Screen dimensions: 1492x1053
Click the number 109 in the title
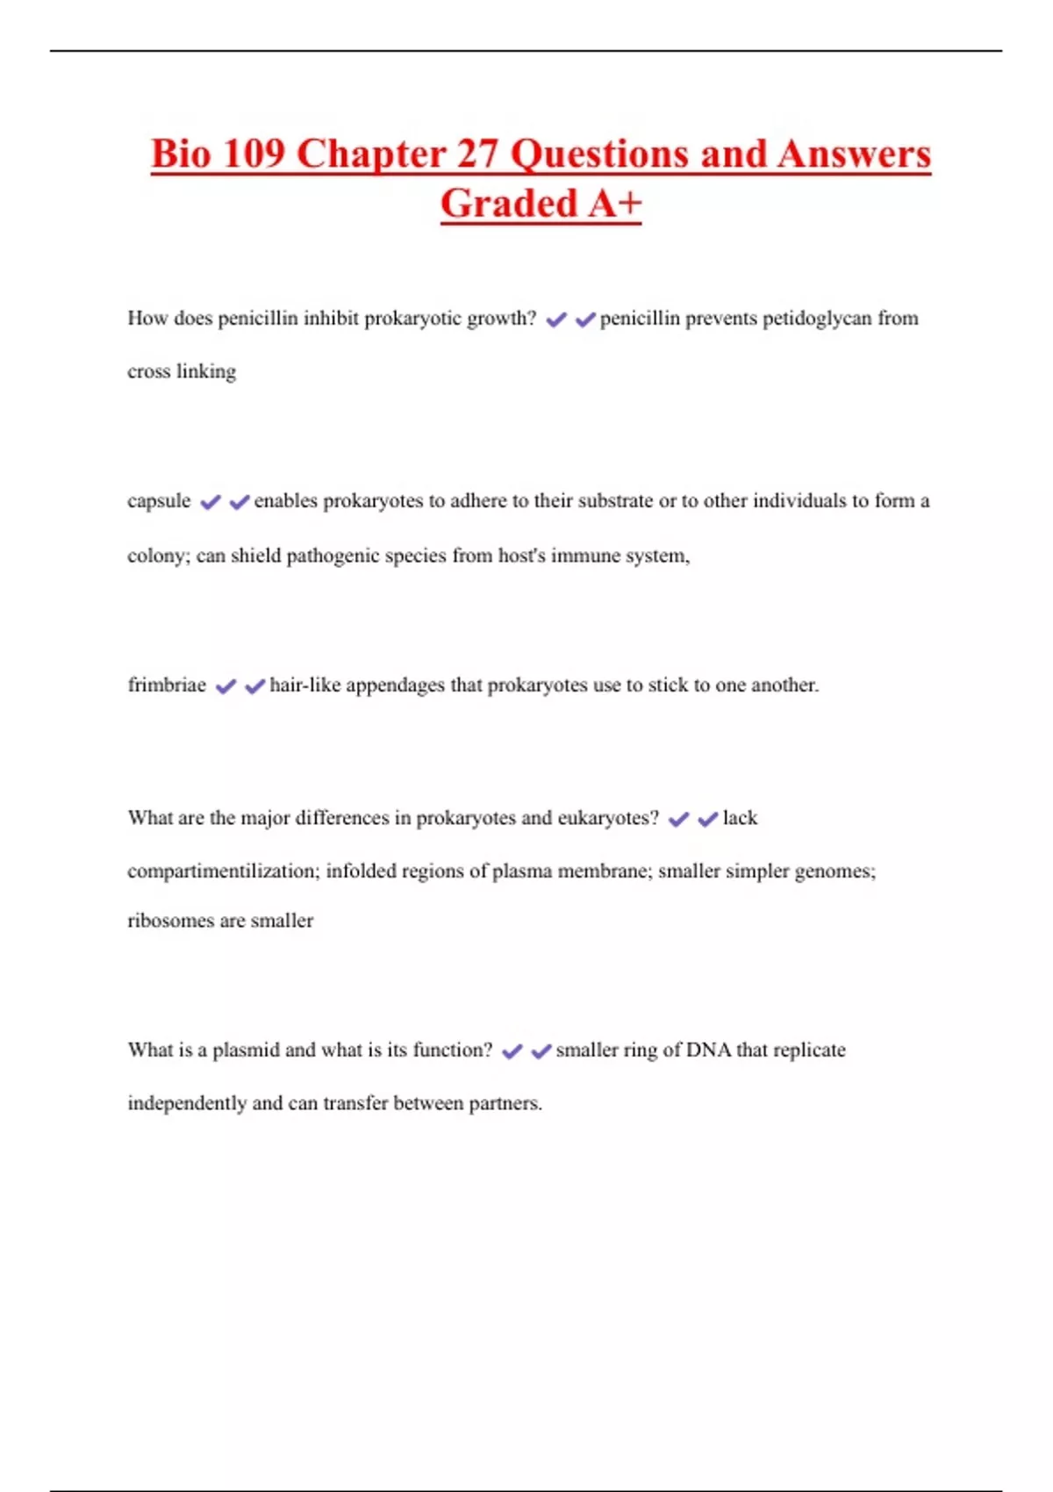254,154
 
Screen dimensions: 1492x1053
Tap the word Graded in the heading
508,204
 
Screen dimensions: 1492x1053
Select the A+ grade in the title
615,204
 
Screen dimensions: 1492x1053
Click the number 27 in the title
477,154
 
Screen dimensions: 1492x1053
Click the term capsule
159,501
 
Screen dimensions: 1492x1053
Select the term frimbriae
167,685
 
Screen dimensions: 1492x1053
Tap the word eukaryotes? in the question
608,818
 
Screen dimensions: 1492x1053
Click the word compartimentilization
224,872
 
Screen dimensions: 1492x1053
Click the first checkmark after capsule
211,502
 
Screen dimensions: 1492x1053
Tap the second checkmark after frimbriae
254,686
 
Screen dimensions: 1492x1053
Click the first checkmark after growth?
555,320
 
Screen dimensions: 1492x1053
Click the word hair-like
304,685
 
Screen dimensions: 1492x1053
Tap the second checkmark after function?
541,1051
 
